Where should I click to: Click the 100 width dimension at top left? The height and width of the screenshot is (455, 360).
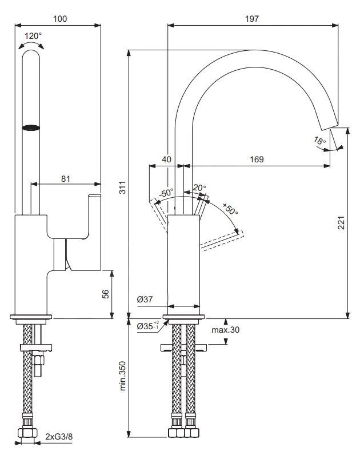pyautogui.click(x=60, y=18)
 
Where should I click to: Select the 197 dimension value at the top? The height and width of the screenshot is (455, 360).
pyautogui.click(x=251, y=18)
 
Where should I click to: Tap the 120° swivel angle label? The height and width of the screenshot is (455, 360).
pyautogui.click(x=33, y=35)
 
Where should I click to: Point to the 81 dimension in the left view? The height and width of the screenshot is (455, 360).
pyautogui.click(x=65, y=178)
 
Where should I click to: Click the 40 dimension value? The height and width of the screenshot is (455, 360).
pyautogui.click(x=166, y=160)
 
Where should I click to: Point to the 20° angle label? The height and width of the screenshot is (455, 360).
pyautogui.click(x=199, y=187)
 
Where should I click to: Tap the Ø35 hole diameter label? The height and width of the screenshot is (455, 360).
pyautogui.click(x=147, y=326)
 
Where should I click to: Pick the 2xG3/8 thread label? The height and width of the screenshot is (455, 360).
pyautogui.click(x=59, y=438)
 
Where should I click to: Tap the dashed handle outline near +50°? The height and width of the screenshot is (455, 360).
pyautogui.click(x=223, y=240)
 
